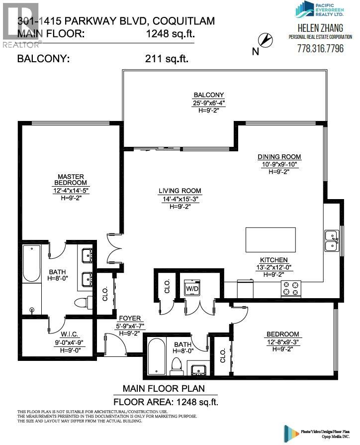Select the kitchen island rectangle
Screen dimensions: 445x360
pyautogui.click(x=270, y=240)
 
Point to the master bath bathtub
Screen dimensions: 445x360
pyautogui.click(x=31, y=276)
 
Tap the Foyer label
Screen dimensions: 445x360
pyautogui.click(x=129, y=318)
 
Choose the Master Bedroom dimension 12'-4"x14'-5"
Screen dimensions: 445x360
pyautogui.click(x=70, y=190)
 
